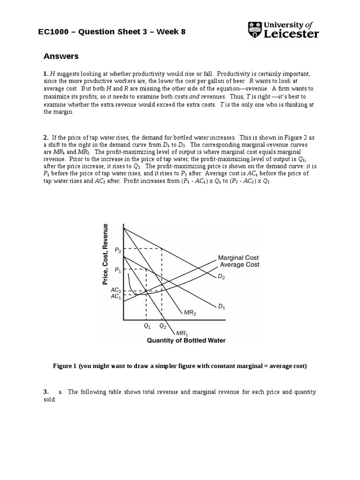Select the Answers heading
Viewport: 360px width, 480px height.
pyautogui.click(x=61, y=57)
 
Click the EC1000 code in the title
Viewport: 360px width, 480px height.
pyautogui.click(x=54, y=32)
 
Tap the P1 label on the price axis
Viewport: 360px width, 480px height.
pyautogui.click(x=117, y=270)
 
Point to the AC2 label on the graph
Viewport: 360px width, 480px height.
pyautogui.click(x=115, y=290)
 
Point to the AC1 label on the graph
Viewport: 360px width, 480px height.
pyautogui.click(x=115, y=296)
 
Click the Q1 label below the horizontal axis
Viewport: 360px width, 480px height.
pyautogui.click(x=147, y=326)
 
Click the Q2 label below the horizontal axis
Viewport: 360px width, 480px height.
pyautogui.click(x=162, y=326)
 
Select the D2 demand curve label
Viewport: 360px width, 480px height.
pyautogui.click(x=221, y=277)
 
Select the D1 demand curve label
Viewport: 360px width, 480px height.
pyautogui.click(x=222, y=307)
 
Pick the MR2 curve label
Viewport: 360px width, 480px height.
pyautogui.click(x=190, y=312)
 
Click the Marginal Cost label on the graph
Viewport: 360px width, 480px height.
pyautogui.click(x=238, y=258)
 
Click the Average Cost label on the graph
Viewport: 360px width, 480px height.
pyautogui.click(x=240, y=265)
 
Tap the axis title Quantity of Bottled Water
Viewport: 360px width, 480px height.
pyautogui.click(x=186, y=341)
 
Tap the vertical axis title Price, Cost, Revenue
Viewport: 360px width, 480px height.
pyautogui.click(x=105, y=255)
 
